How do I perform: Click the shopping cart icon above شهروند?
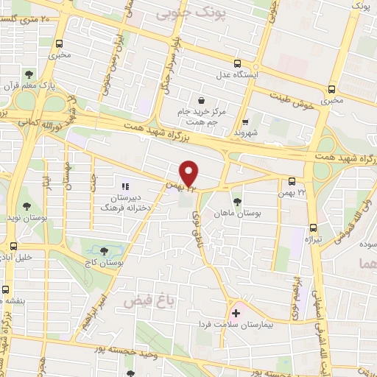pyautogui.click(x=247, y=123)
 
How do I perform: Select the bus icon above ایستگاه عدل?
pyautogui.click(x=236, y=63)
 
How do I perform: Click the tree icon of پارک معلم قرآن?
pyautogui.click(x=28, y=74)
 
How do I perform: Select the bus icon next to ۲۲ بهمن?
pyautogui.click(x=292, y=181)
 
